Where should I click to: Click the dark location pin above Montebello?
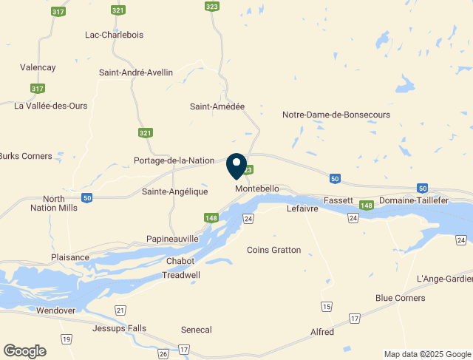(x=236, y=165)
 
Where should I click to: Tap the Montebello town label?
(x=257, y=189)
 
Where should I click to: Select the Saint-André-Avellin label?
(x=136, y=72)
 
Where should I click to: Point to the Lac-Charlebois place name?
(x=115, y=35)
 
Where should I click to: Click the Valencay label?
(x=38, y=67)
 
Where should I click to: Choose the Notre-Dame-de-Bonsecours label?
(x=336, y=115)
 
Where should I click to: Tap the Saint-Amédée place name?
(x=217, y=106)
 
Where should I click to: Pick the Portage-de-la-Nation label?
(x=174, y=160)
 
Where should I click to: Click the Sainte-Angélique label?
(x=173, y=191)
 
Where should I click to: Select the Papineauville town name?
(x=172, y=239)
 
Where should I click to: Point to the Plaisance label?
(x=70, y=257)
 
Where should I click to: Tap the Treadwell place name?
(x=181, y=274)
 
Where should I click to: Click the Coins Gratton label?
(x=273, y=250)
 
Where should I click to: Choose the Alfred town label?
(x=321, y=332)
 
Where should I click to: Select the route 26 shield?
(x=163, y=354)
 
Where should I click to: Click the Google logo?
(x=24, y=351)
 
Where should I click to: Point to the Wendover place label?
(x=56, y=310)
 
